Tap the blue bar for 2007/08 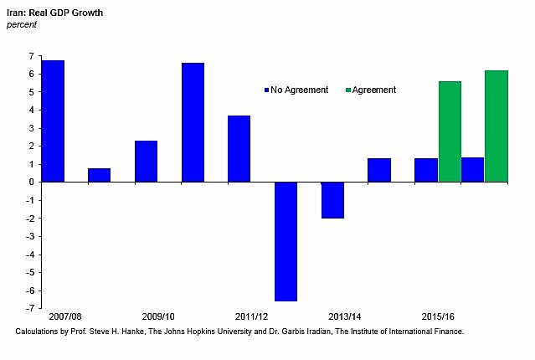pos(53,121)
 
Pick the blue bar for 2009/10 pos(146,161)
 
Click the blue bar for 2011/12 pos(239,148)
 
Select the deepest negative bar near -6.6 pos(286,241)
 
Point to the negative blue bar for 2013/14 pos(332,200)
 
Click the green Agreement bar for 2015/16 pos(450,131)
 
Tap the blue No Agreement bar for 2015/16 pos(425,170)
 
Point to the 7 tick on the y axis pos(31,56)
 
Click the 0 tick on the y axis pos(31,182)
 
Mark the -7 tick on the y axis pos(29,308)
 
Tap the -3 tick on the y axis pos(29,236)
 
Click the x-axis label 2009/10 pos(158,318)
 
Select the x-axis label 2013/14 pos(344,318)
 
